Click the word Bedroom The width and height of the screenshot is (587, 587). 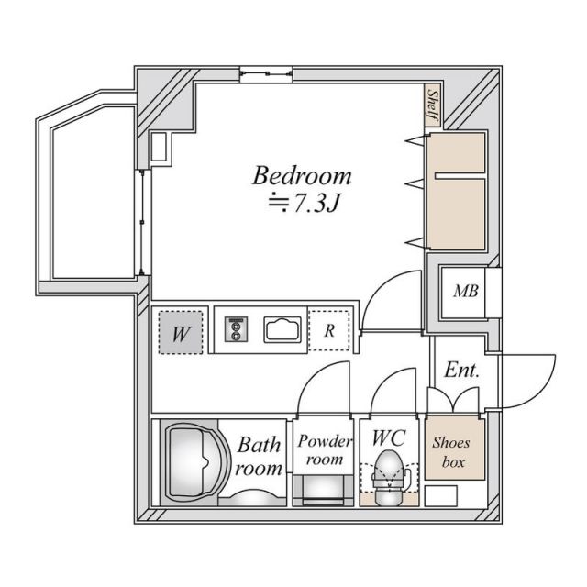point(303,175)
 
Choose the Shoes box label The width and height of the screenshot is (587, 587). point(451,452)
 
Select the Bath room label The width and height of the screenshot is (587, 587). point(259,457)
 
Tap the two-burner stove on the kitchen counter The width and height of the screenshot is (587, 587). point(237,329)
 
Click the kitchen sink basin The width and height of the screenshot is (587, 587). point(284,329)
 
